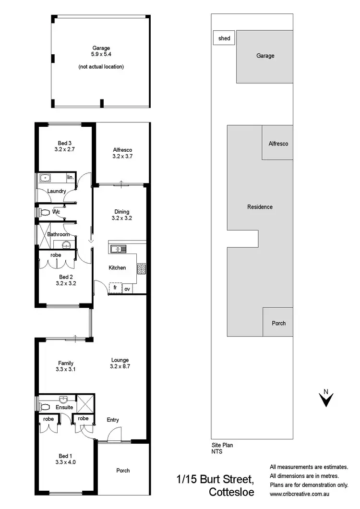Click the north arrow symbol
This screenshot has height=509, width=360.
[326, 399]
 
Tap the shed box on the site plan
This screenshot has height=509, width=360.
[224, 38]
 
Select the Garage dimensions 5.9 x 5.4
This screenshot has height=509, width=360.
[101, 55]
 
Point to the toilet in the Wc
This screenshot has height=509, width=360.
[45, 212]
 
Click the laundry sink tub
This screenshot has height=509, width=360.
[47, 178]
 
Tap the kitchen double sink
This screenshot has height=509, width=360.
[118, 249]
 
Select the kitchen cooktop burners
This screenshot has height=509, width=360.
[142, 268]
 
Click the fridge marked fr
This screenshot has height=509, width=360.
[115, 288]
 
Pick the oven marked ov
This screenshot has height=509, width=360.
[127, 289]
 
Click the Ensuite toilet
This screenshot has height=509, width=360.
[45, 407]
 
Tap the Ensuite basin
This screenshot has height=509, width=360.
[63, 400]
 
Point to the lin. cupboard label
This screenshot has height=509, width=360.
[70, 178]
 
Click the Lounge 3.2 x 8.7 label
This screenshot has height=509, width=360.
[120, 363]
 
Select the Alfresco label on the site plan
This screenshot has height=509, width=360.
[278, 143]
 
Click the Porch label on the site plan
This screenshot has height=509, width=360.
[278, 323]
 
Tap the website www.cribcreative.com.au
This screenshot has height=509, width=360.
[309, 493]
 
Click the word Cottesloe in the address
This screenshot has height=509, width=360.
[231, 492]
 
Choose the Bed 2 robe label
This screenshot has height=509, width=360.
[56, 254]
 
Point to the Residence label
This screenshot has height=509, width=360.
[260, 207]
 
